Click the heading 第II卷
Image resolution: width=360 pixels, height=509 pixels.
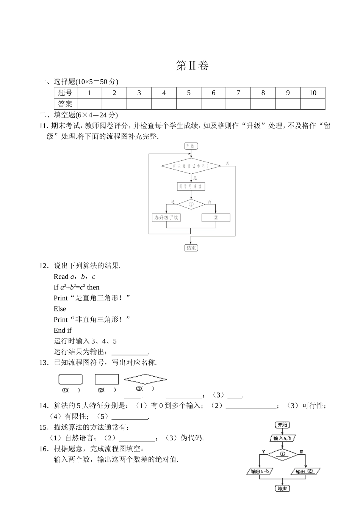[192, 66]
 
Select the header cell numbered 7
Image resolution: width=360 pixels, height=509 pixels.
[238, 93]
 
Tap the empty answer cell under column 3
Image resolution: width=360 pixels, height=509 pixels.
[139, 104]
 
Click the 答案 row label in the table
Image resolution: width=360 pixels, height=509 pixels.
[65, 104]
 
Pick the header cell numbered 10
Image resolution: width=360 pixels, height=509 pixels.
[312, 93]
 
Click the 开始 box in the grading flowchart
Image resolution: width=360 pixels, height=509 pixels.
[191, 146]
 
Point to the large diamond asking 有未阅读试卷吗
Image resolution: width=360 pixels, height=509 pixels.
[191, 166]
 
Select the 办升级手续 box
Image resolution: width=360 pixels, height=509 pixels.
[166, 218]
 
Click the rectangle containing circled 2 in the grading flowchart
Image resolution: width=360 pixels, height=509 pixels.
[216, 218]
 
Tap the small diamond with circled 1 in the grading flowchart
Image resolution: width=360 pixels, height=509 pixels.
[191, 204]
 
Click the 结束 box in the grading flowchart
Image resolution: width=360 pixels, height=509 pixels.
[191, 248]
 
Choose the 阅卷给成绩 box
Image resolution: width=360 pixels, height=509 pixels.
[191, 186]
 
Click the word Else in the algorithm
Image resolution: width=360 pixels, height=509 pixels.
[60, 309]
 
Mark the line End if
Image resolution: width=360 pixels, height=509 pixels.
[63, 330]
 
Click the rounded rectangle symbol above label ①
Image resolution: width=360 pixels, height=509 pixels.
[70, 379]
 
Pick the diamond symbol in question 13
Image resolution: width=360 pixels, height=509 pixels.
[146, 379]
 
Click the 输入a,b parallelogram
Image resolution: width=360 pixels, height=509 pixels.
[282, 438]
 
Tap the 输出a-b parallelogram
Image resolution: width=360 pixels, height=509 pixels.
[260, 471]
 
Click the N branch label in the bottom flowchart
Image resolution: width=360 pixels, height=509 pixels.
[301, 451]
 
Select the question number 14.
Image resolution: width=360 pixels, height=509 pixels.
[44, 406]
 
